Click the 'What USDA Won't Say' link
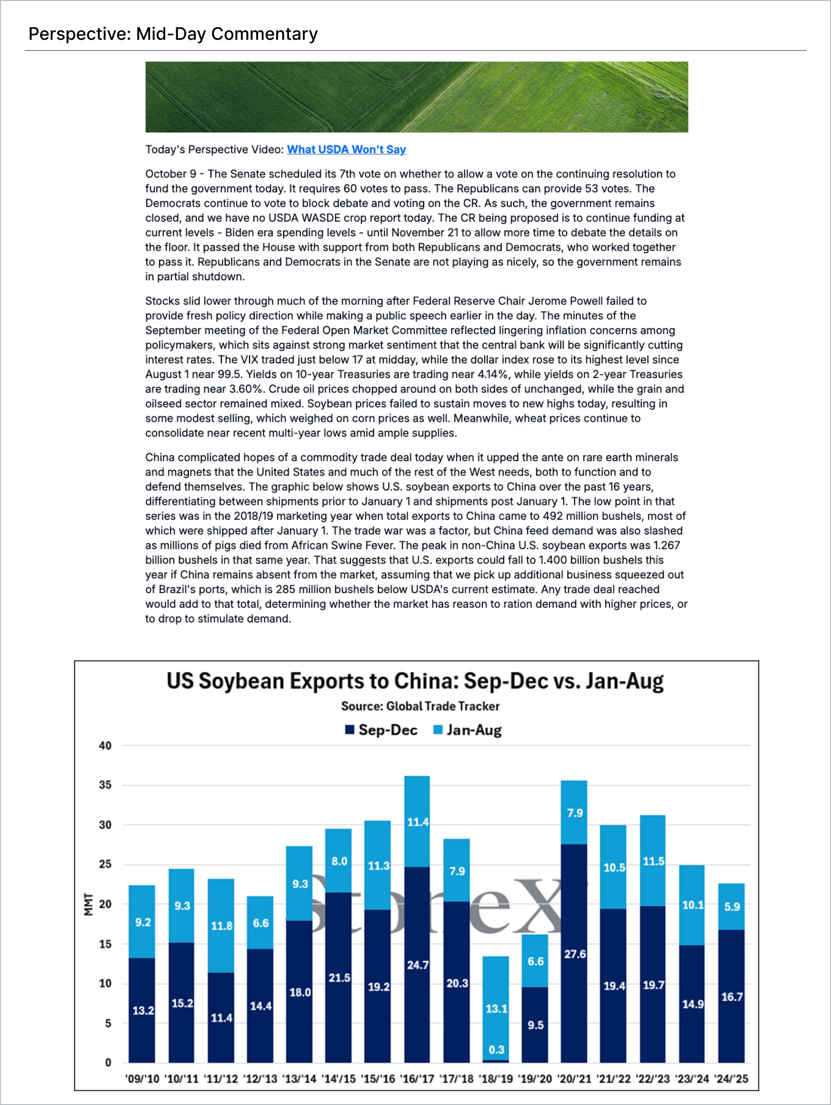(346, 149)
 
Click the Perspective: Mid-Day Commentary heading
(173, 34)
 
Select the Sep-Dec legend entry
(381, 730)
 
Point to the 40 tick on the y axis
(105, 745)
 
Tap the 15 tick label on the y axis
(105, 944)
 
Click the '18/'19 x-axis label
(496, 1079)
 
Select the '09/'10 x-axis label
(142, 1079)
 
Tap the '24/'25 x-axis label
(731, 1079)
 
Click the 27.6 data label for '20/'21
(575, 954)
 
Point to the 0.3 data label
(496, 1050)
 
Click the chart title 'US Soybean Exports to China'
(415, 681)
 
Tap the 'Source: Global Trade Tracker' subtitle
(420, 706)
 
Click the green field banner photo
(416, 97)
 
